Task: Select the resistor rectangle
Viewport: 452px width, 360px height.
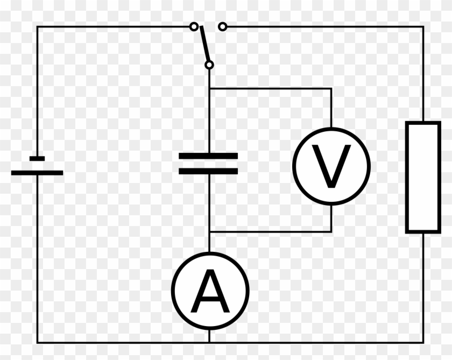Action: [x=423, y=178]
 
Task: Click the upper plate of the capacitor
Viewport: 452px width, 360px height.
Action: [x=208, y=156]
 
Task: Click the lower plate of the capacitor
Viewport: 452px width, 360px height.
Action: [x=208, y=171]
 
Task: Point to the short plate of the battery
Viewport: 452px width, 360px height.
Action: [x=37, y=158]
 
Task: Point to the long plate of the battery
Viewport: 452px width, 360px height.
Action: [x=37, y=173]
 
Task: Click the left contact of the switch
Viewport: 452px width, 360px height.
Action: [x=193, y=26]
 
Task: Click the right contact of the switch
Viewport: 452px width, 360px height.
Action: [x=223, y=26]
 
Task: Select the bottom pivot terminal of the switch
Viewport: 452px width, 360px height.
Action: [x=209, y=65]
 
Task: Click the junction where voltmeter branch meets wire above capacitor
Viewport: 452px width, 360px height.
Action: [x=209, y=88]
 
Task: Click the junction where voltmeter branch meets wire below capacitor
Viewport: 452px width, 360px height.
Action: [x=209, y=232]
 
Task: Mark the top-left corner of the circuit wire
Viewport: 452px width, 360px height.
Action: [x=37, y=26]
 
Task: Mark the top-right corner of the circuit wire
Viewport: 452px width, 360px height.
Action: [x=423, y=26]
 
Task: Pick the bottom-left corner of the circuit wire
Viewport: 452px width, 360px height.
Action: [x=37, y=342]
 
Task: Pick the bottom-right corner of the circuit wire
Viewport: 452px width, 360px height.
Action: [x=423, y=342]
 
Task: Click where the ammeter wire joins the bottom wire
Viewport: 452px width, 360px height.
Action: [x=209, y=342]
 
